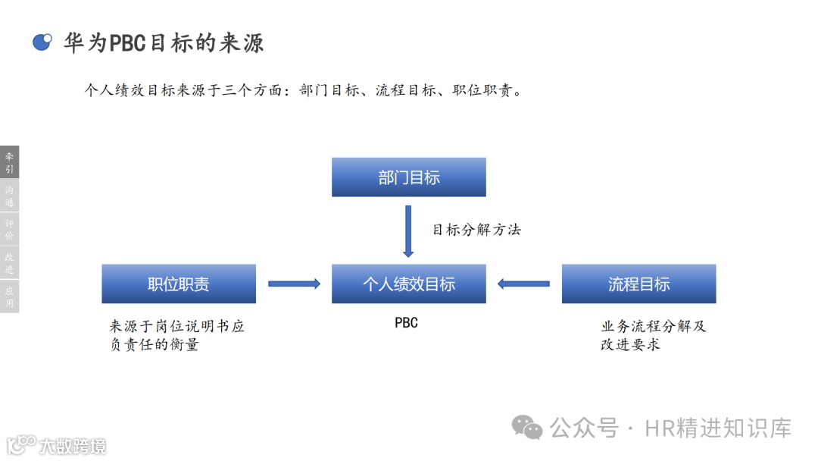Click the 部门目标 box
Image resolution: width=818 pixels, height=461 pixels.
[x=409, y=177]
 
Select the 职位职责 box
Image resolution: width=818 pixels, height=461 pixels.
[x=179, y=284]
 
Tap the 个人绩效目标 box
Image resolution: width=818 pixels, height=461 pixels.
[x=409, y=284]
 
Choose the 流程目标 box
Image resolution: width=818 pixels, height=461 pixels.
[x=638, y=284]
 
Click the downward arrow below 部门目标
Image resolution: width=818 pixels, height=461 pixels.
[x=408, y=231]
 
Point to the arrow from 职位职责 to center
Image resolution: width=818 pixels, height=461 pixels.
[x=294, y=284]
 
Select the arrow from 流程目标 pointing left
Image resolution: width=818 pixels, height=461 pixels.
[x=523, y=284]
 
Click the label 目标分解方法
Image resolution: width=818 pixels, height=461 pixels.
[x=476, y=230]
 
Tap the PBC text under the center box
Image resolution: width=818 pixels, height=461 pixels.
[x=406, y=323]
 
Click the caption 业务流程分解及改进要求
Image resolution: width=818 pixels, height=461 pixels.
[x=653, y=335]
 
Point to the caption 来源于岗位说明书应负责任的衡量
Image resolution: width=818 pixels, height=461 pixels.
[x=177, y=335]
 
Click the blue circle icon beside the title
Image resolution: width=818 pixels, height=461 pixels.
[x=42, y=42]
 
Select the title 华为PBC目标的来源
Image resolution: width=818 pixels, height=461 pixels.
[x=164, y=42]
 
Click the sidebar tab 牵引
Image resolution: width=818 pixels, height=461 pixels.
[x=9, y=162]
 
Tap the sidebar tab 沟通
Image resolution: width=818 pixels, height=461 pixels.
[x=9, y=196]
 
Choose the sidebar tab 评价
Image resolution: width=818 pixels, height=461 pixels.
[x=9, y=230]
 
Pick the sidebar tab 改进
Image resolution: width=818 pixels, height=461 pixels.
[x=9, y=263]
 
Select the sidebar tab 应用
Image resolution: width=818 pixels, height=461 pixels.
[x=9, y=296]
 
